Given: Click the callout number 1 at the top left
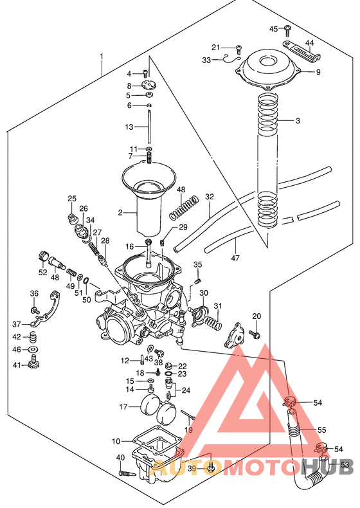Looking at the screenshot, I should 101,57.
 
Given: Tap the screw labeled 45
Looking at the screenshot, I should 288,28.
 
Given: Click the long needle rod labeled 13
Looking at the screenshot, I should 149,127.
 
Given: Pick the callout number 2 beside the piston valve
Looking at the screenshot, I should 120,212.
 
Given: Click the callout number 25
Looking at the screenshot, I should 72,198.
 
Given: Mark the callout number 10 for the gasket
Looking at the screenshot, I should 116,441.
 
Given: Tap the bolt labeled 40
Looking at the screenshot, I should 126,474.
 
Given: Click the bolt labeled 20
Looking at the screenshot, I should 255,334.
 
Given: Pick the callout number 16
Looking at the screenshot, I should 130,246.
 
